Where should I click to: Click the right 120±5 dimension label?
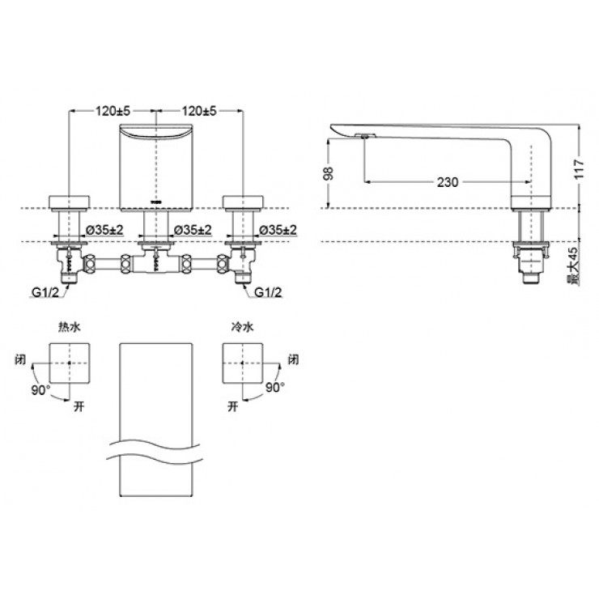click(200, 111)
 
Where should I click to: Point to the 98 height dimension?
click(328, 174)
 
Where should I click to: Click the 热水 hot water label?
click(70, 327)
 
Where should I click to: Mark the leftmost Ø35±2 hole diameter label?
click(104, 230)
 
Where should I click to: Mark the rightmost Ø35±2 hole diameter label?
click(277, 230)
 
